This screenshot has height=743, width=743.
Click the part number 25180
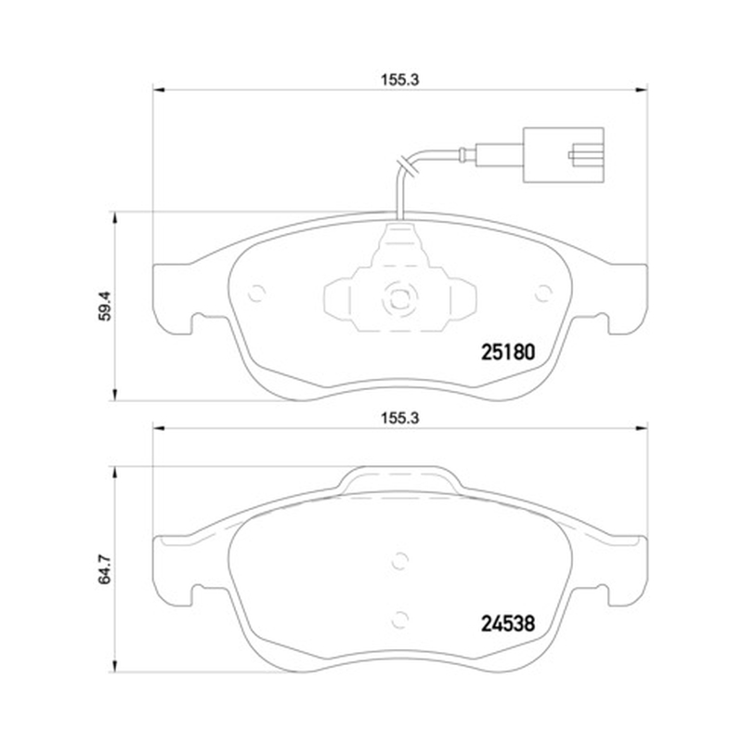[508, 352]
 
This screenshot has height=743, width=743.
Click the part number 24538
[508, 623]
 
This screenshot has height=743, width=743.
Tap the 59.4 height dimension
[105, 306]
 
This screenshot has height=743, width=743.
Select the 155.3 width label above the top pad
[400, 80]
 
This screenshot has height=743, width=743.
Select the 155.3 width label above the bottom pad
[400, 418]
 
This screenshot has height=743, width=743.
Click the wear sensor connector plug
[563, 155]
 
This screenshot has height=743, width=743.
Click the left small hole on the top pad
[257, 293]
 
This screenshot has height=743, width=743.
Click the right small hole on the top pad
[543, 293]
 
